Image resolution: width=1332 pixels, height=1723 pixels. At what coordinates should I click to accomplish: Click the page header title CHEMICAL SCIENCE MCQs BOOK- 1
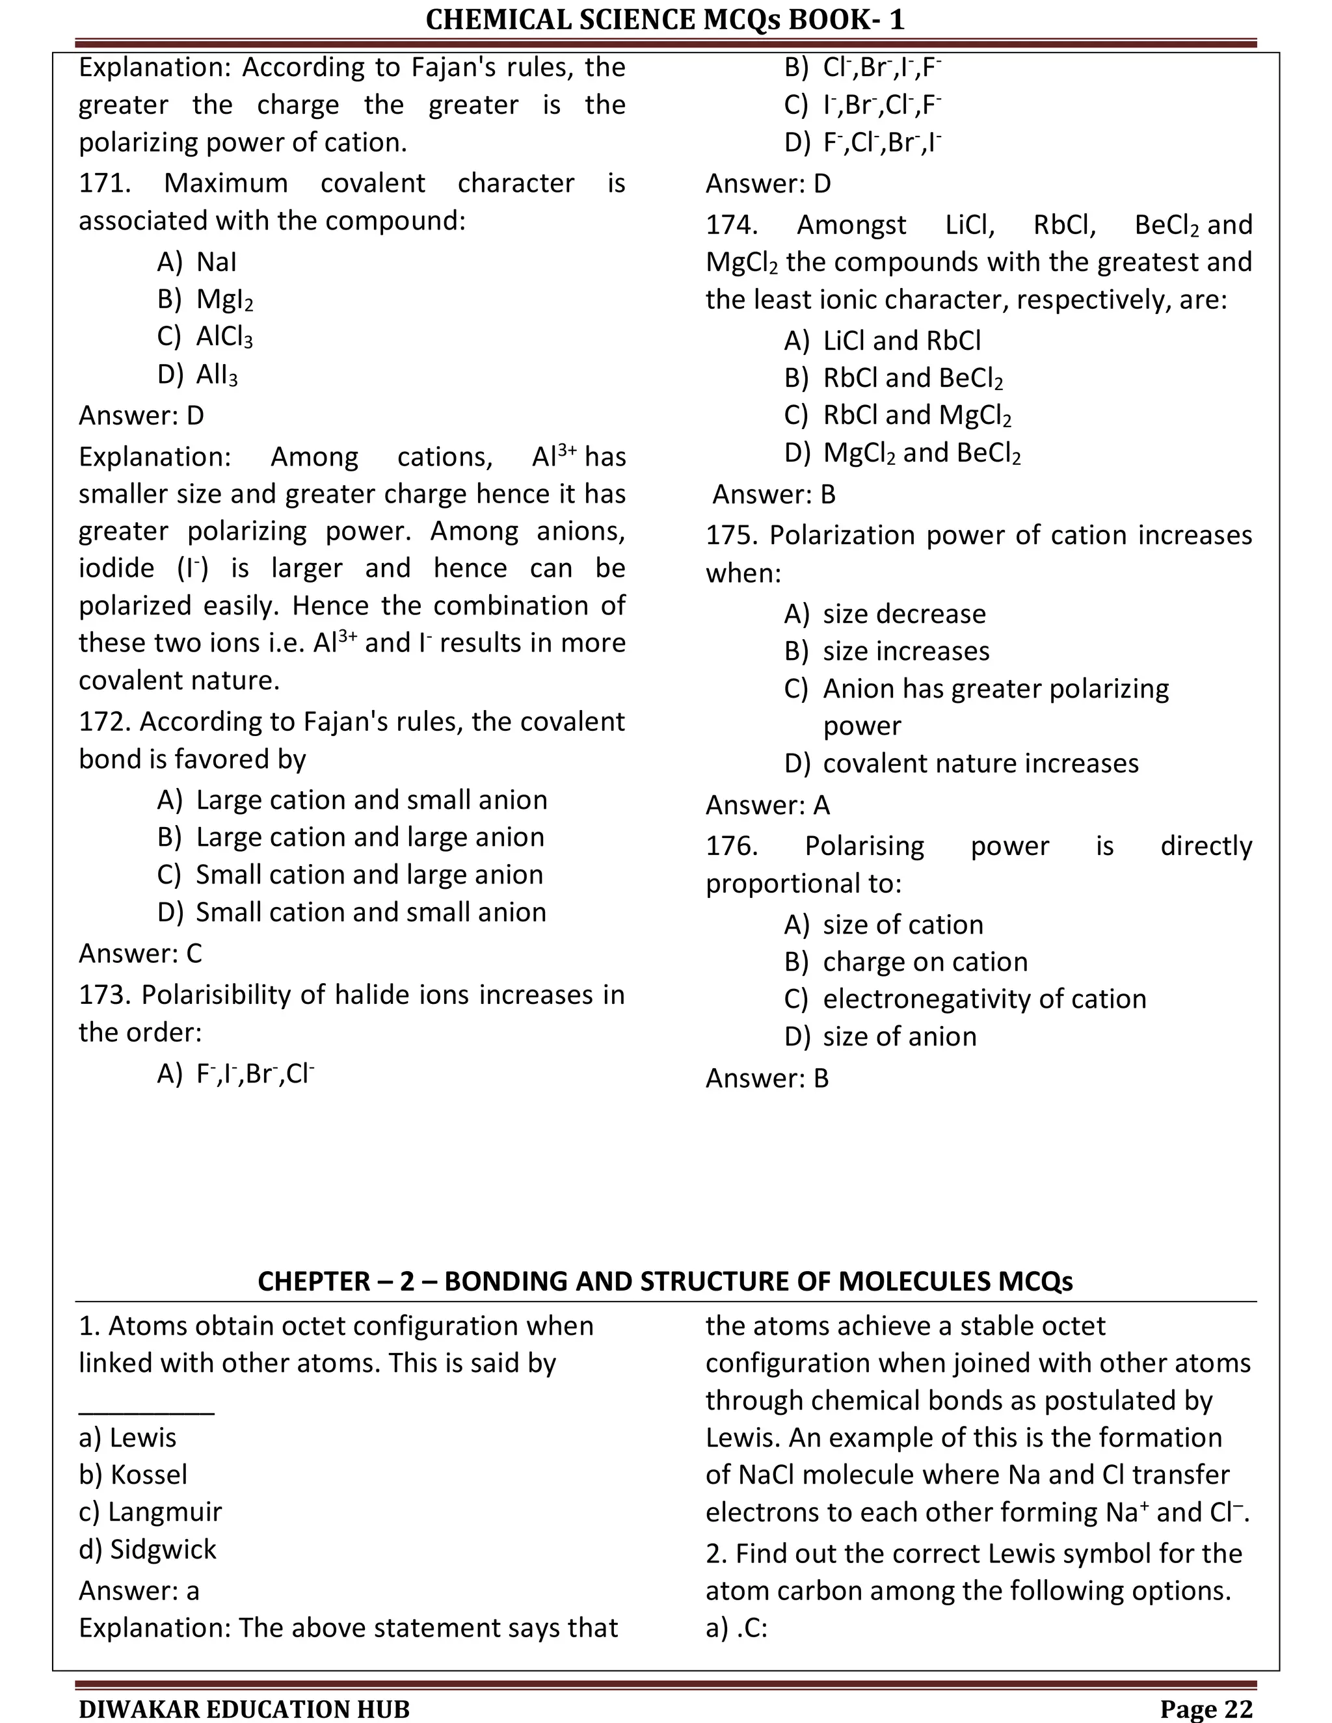pyautogui.click(x=665, y=19)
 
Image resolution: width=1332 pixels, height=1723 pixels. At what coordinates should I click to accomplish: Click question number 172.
pyautogui.click(x=105, y=721)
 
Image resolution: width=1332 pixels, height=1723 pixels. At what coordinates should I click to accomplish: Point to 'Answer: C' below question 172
pyautogui.click(x=140, y=953)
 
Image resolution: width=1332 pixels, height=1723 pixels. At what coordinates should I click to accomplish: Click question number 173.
pyautogui.click(x=105, y=995)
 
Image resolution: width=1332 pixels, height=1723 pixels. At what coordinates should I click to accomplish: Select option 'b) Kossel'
pyautogui.click(x=133, y=1475)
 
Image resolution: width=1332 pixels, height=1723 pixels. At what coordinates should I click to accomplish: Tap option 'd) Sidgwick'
pyautogui.click(x=148, y=1549)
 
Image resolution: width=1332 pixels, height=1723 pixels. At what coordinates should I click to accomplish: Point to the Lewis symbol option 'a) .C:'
pyautogui.click(x=736, y=1627)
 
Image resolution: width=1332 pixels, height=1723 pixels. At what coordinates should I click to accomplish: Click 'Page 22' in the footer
pyautogui.click(x=1206, y=1709)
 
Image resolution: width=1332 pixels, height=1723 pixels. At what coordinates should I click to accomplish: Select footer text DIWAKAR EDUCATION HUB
pyautogui.click(x=245, y=1709)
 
